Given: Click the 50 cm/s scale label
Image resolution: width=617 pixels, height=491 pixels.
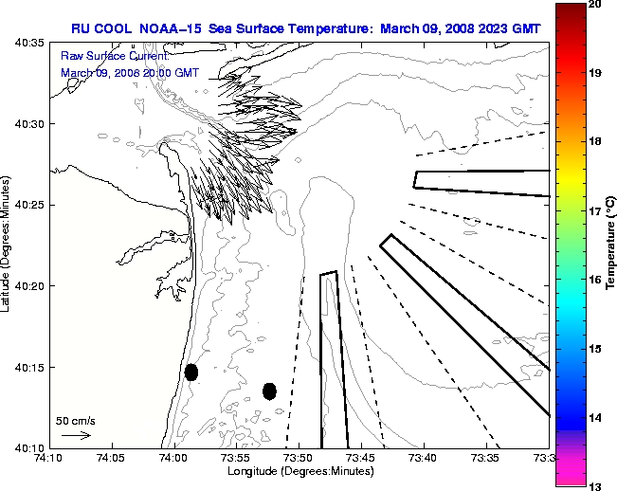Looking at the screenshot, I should pyautogui.click(x=76, y=420).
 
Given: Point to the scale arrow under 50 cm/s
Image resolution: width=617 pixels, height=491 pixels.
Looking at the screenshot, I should pyautogui.click(x=76, y=436).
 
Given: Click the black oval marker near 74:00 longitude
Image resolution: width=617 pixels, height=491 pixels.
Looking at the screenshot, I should pyautogui.click(x=191, y=372).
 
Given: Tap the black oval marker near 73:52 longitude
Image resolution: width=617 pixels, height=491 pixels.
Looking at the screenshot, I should pyautogui.click(x=269, y=391).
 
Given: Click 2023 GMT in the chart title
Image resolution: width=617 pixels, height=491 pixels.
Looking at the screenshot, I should pyautogui.click(x=510, y=29).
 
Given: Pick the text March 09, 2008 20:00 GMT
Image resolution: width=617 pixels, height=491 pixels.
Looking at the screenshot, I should pyautogui.click(x=130, y=73).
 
